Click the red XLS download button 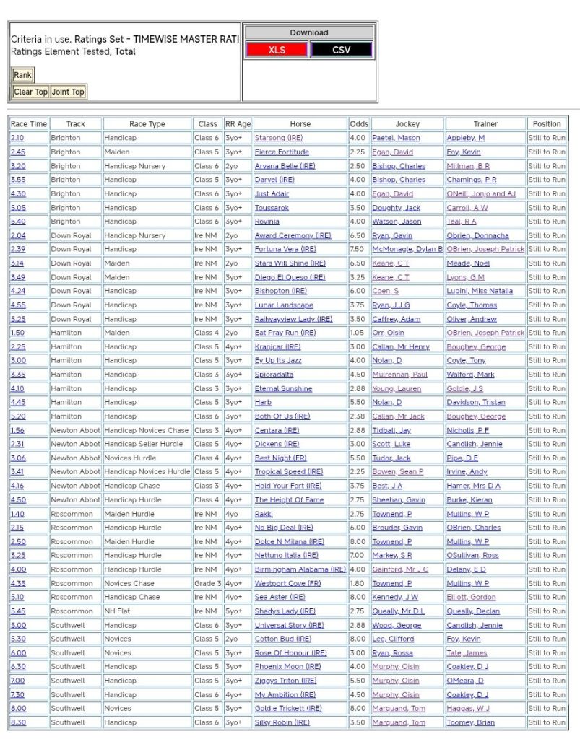[x=277, y=50]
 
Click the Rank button [x=22, y=75]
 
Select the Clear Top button [x=31, y=92]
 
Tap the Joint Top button [x=68, y=92]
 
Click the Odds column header [x=358, y=124]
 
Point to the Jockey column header [x=407, y=124]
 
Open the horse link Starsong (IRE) [x=279, y=138]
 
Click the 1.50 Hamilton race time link [x=17, y=333]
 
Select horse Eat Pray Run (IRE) [x=285, y=333]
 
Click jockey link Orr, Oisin [x=388, y=333]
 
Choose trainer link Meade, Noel [x=468, y=263]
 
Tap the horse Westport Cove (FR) [x=287, y=583]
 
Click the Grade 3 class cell [x=207, y=583]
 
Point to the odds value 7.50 [x=358, y=249]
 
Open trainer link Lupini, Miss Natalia [x=480, y=291]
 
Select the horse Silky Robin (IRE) [x=282, y=722]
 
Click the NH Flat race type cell [x=118, y=611]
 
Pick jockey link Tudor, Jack [x=391, y=458]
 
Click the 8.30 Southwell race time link [x=17, y=722]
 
